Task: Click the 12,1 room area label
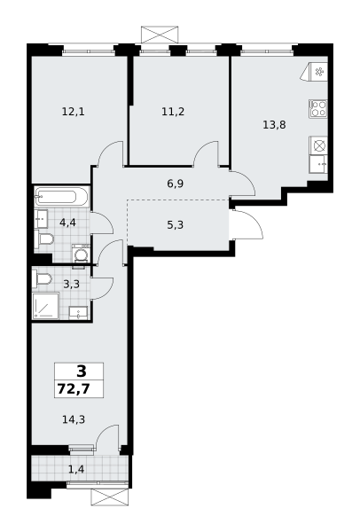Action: pyautogui.click(x=74, y=112)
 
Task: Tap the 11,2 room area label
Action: pyautogui.click(x=173, y=112)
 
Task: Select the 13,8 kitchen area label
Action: pyautogui.click(x=274, y=125)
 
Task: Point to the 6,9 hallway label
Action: pyautogui.click(x=176, y=184)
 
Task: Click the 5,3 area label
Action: pyautogui.click(x=176, y=224)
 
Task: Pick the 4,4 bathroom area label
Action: pyautogui.click(x=67, y=223)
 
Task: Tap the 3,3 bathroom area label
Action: pyautogui.click(x=71, y=284)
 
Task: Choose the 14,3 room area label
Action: pyautogui.click(x=74, y=419)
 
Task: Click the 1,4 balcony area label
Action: pyautogui.click(x=76, y=469)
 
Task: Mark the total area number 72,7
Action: pyautogui.click(x=74, y=388)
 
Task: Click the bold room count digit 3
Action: pyautogui.click(x=82, y=372)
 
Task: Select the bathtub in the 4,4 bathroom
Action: pyautogui.click(x=61, y=197)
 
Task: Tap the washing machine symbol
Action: pyautogui.click(x=82, y=253)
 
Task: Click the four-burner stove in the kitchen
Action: pyautogui.click(x=318, y=108)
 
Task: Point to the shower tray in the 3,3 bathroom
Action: pyautogui.click(x=46, y=307)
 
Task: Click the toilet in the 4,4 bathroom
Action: pyautogui.click(x=44, y=239)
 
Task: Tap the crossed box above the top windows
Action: pyautogui.click(x=160, y=35)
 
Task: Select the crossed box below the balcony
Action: pyautogui.click(x=110, y=497)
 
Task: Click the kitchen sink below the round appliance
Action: pyautogui.click(x=318, y=165)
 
